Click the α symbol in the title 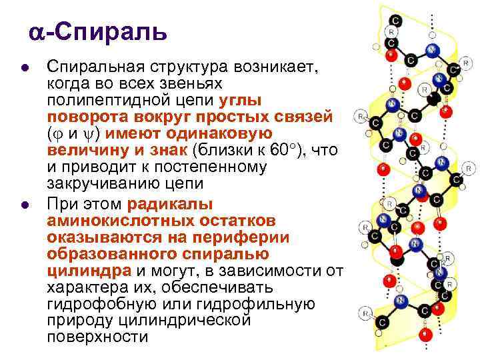[x=37, y=33]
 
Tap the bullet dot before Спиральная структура [x=25, y=68]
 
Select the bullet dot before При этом [x=25, y=205]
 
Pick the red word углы [x=240, y=101]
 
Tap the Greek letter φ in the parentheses [x=58, y=135]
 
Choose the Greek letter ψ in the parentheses [x=89, y=135]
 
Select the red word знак [x=169, y=150]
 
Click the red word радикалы [x=170, y=205]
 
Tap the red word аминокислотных [x=161, y=221]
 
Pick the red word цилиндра [x=89, y=271]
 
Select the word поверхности [x=97, y=337]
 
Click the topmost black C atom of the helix [x=396, y=21]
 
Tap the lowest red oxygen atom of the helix [x=425, y=335]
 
